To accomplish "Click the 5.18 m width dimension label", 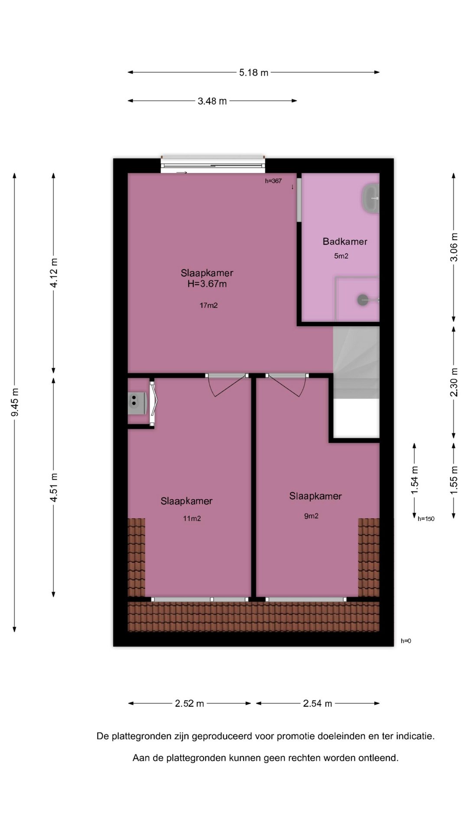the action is pos(253,72).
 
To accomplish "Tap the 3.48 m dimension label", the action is pos(212,101).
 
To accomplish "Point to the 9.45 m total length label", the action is pos(15,402).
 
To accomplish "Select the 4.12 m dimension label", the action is pos(54,273).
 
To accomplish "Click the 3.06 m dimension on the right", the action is pos(454,247).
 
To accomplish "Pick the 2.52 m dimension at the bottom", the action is pos(189,703).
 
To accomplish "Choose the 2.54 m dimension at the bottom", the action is pos(318,703).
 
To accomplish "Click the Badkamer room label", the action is pos(345,241).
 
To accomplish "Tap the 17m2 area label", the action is pos(208,305).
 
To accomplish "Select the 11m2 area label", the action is pos(192,518).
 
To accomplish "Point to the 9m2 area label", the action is pos(311,516).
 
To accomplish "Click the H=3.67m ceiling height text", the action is pos(207,284).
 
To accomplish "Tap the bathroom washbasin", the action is pos(370,198).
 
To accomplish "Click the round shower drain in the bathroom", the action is pos(362,299).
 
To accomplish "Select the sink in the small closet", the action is pos(137,401).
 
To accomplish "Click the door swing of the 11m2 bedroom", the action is pos(227,386).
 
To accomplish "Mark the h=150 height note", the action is pos(426,519).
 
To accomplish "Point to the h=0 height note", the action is pos(406,641).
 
